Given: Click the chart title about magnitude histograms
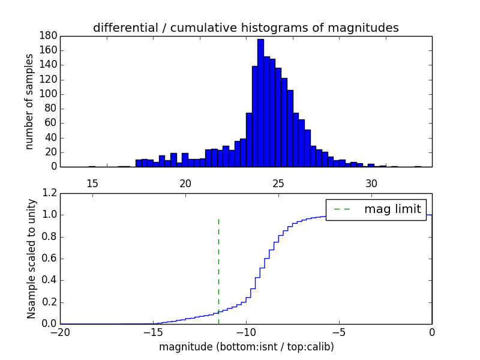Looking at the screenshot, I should tap(245, 28).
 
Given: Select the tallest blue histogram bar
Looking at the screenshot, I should tap(260, 102).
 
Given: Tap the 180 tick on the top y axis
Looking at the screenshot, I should tap(49, 35).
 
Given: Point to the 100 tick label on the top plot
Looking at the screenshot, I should tap(49, 94).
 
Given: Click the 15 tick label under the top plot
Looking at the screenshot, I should tap(92, 183).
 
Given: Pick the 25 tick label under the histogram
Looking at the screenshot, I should tap(278, 183).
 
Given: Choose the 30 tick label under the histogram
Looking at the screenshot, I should tap(371, 183).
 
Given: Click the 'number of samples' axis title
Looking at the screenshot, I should tap(29, 101).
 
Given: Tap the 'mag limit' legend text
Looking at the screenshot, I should tap(392, 209).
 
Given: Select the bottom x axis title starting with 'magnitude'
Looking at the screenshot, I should tap(246, 347).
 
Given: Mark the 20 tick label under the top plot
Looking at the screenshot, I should tap(185, 183).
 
